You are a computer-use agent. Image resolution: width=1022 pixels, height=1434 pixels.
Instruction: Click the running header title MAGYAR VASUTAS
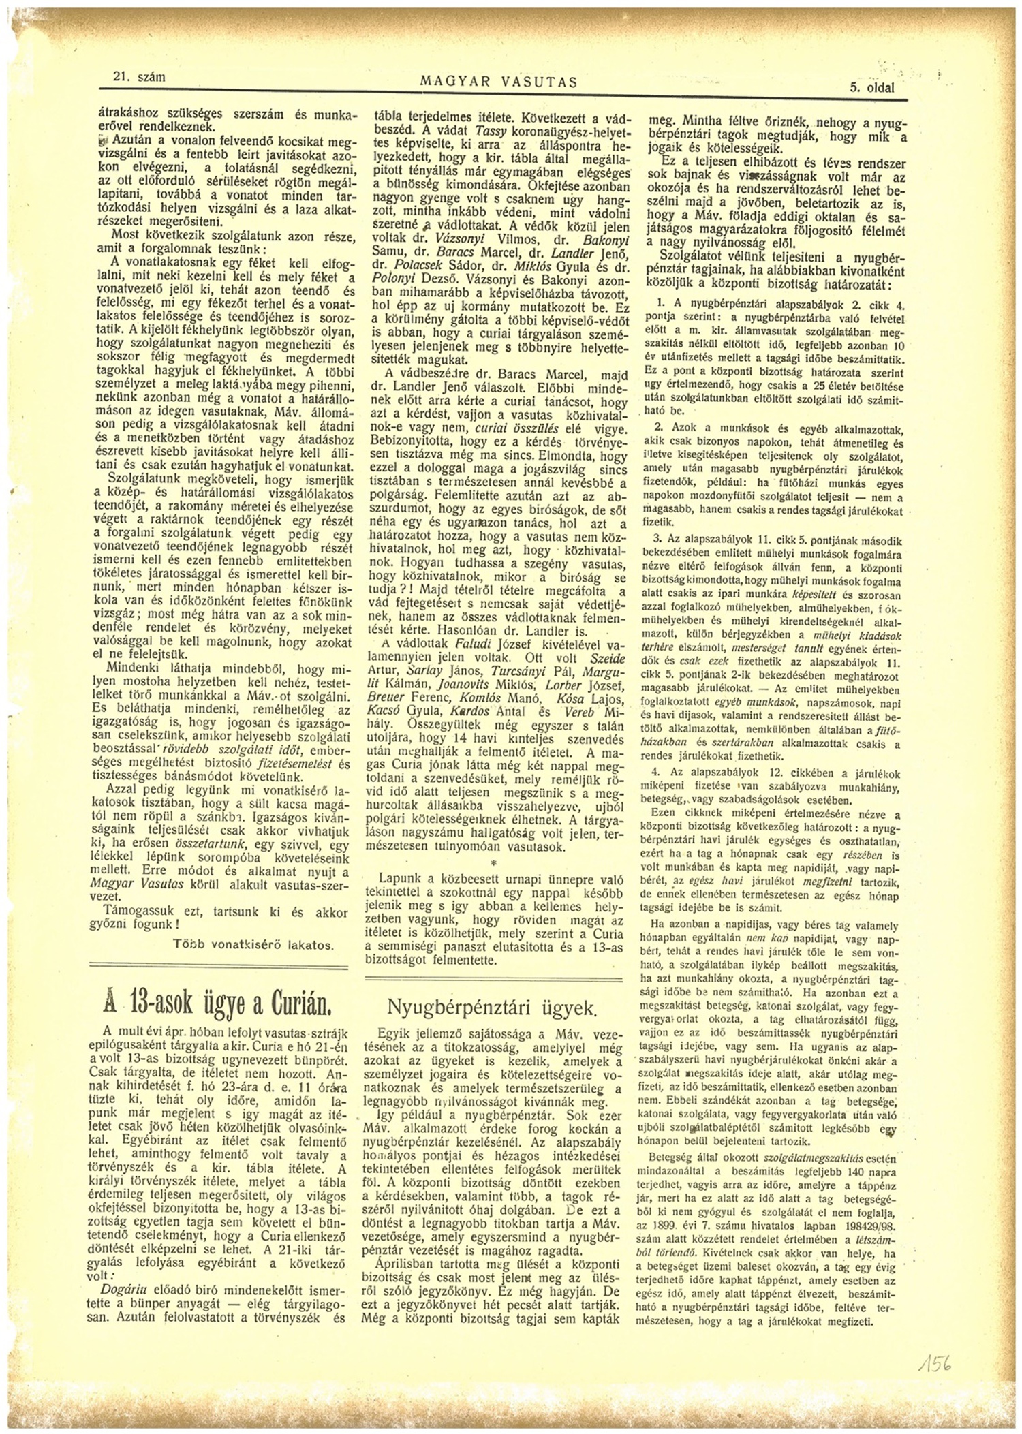coord(499,82)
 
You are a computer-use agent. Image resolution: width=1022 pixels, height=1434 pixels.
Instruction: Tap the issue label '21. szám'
coord(138,78)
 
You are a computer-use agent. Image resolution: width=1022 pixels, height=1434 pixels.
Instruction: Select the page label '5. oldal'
coord(871,87)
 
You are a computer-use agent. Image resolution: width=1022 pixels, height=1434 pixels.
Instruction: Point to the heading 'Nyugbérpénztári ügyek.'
coord(491,1007)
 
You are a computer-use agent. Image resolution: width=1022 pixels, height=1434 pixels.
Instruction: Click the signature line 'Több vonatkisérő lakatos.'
coord(253,946)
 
